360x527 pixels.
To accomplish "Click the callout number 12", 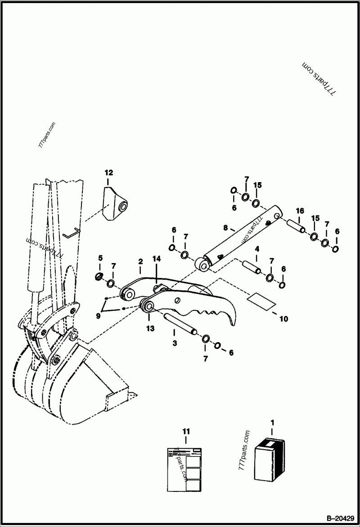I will [x=109, y=173].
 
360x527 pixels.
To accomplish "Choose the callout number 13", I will [x=150, y=328].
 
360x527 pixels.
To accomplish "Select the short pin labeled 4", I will [x=252, y=266].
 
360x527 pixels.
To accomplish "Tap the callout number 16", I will [x=300, y=210].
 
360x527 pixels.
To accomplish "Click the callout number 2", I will [x=140, y=261].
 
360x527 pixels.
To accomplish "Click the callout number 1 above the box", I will [x=272, y=423].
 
